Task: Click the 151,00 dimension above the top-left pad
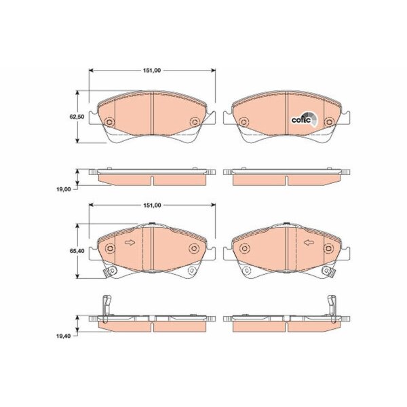152,71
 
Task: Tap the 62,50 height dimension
77,117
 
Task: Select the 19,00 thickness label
63,189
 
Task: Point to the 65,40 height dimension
77,251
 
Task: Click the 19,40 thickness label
63,336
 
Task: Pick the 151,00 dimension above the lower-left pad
152,206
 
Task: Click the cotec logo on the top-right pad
304,119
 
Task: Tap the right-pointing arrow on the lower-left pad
130,243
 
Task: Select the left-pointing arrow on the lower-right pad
309,243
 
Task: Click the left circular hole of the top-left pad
109,122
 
